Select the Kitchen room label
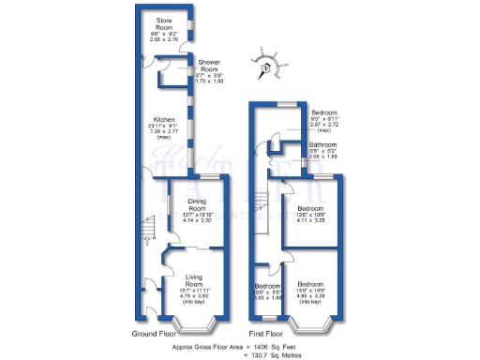click(164, 120)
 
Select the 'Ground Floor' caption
click(156, 332)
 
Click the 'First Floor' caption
click(266, 332)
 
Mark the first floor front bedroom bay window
click(314, 324)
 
